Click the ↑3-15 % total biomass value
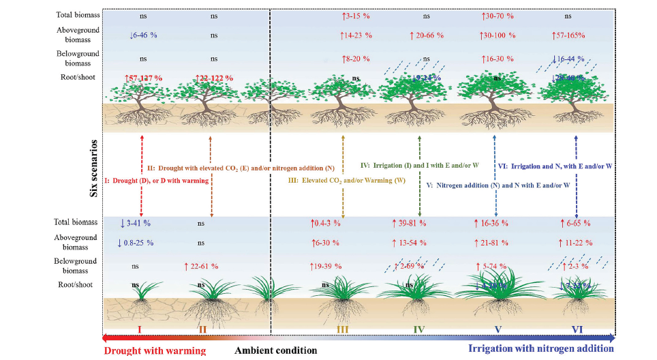[x=355, y=15]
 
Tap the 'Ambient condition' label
[x=275, y=350]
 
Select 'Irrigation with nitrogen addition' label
[x=541, y=349]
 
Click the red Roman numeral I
[x=139, y=330]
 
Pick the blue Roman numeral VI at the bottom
[x=577, y=330]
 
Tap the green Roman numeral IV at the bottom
[x=418, y=330]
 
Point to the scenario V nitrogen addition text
[x=498, y=185]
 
